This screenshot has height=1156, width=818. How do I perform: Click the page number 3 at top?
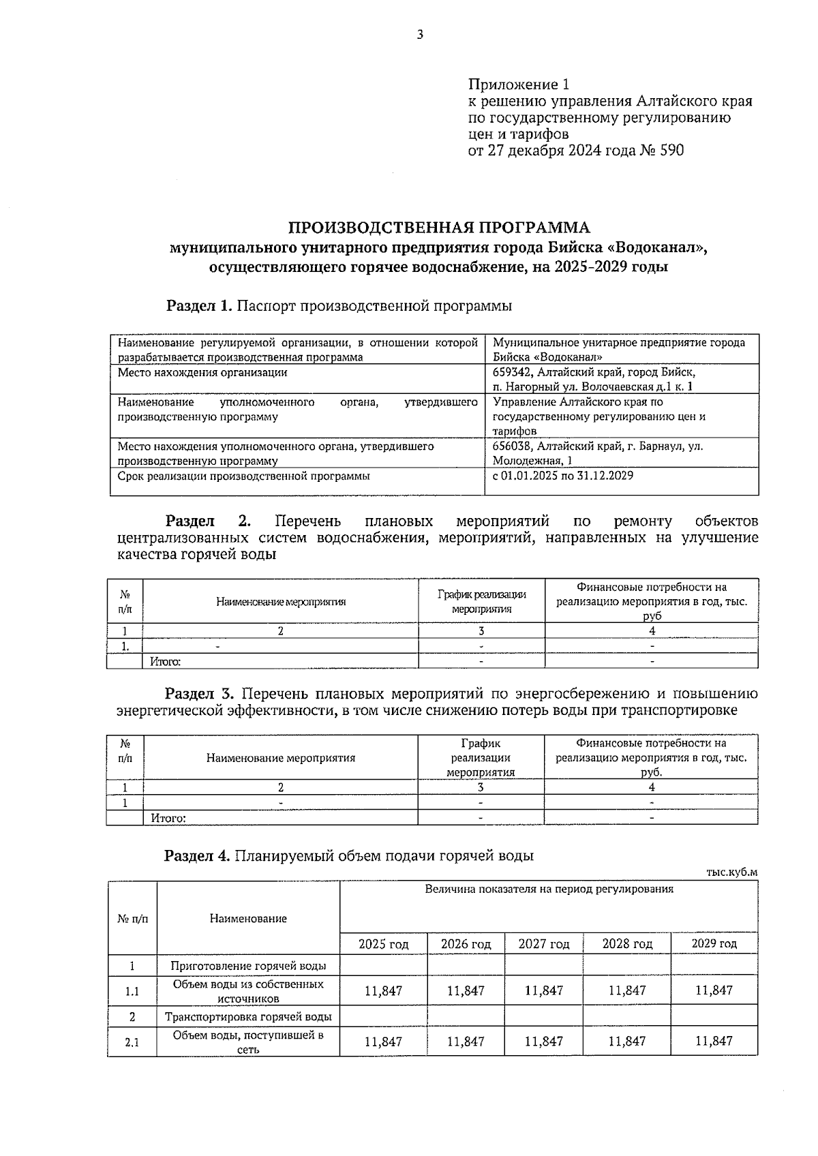click(x=420, y=35)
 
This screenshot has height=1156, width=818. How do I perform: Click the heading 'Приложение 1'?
click(x=518, y=85)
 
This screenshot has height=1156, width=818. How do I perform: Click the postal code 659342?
click(x=514, y=372)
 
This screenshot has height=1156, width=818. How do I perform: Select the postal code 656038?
click(x=514, y=446)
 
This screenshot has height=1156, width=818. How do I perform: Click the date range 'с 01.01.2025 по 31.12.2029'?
click(x=562, y=476)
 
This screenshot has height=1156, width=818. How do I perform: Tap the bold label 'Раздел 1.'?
click(x=200, y=306)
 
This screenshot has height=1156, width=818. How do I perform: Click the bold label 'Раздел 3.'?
click(x=200, y=694)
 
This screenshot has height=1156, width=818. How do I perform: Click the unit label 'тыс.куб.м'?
click(x=732, y=872)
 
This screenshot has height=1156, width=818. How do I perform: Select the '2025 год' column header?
click(x=384, y=944)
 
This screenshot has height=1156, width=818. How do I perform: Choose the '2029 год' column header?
click(x=714, y=944)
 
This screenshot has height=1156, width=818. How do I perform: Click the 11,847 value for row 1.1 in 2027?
click(x=544, y=991)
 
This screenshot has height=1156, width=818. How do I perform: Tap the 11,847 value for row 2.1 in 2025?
click(x=384, y=1041)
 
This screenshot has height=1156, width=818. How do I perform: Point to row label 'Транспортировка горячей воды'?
click(x=248, y=1017)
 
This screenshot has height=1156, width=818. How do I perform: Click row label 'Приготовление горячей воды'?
click(x=248, y=966)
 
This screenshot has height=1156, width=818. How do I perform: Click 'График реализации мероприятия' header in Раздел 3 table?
click(x=481, y=757)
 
